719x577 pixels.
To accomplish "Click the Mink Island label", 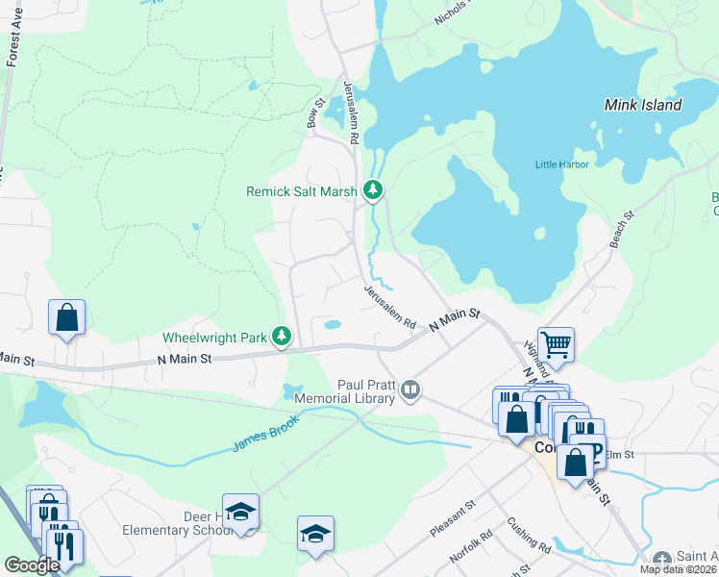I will click(643, 105).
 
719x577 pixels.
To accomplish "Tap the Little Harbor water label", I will click(561, 164).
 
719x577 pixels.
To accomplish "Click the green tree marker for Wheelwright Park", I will click(282, 337).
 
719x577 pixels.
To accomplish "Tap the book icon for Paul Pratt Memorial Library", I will click(410, 389).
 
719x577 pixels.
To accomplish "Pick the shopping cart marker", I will click(556, 343).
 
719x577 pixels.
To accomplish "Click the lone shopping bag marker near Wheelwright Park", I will click(67, 317).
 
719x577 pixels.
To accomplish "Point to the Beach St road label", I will click(622, 230).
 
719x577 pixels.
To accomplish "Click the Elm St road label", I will click(621, 454).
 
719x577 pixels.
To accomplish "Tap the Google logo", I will click(32, 565).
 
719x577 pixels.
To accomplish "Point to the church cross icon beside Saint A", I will click(661, 559).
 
